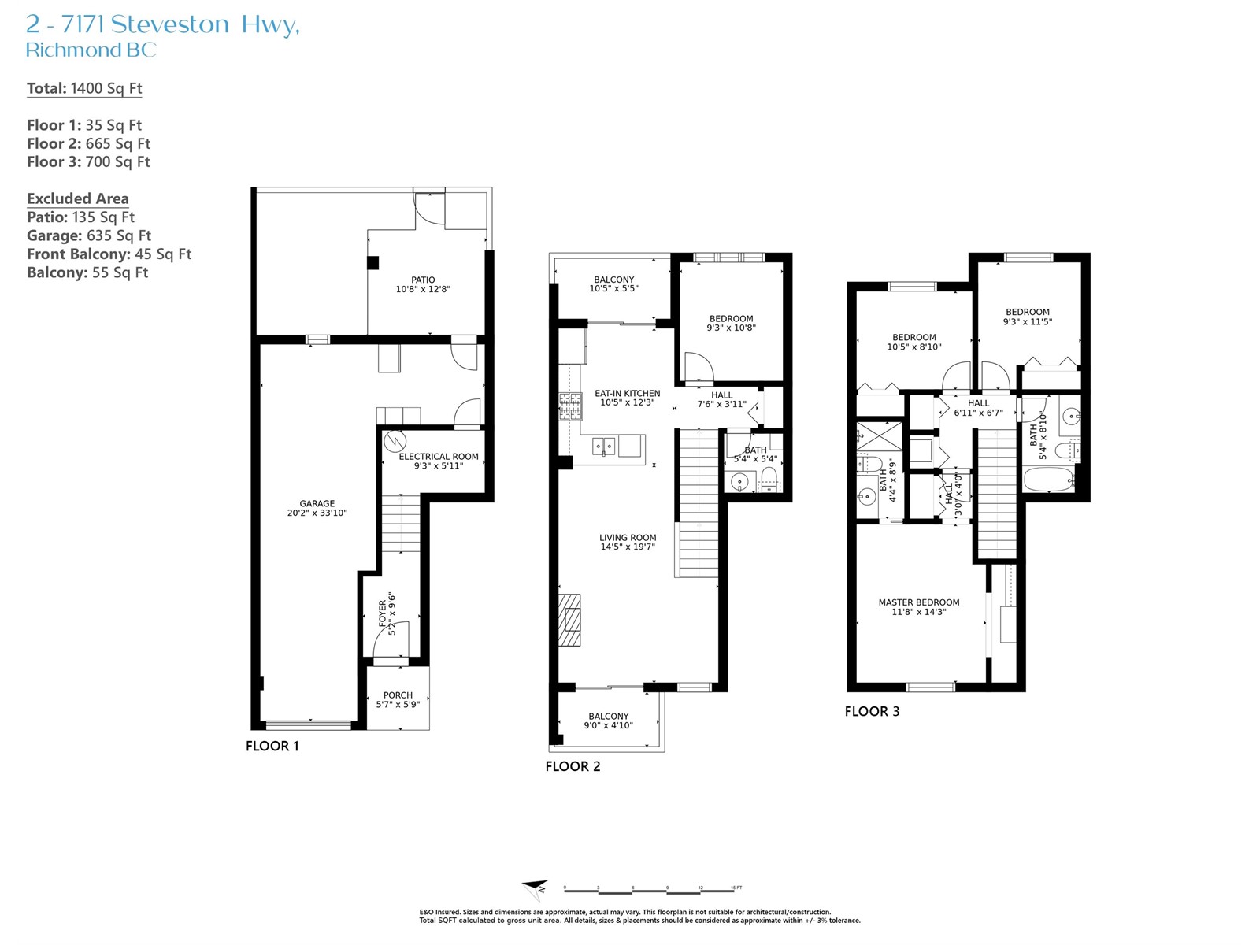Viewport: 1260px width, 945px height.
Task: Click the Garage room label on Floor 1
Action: point(317,503)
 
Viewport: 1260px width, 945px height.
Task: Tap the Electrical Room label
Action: point(439,457)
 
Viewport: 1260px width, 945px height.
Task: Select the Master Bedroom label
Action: point(918,602)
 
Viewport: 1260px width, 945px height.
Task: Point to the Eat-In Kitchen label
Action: point(628,393)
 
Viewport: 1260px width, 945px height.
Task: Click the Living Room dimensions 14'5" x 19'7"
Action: point(628,547)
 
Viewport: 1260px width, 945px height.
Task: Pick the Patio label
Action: point(423,280)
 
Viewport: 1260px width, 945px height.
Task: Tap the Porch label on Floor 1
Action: point(398,695)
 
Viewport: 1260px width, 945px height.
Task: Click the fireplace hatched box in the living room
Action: point(570,621)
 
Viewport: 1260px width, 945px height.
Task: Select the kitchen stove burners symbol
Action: point(570,407)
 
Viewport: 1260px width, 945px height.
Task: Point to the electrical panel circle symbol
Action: point(395,441)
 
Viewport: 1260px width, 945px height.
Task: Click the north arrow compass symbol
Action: point(535,890)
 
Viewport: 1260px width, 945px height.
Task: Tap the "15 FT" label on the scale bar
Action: point(736,888)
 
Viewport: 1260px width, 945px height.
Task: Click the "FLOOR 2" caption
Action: point(573,766)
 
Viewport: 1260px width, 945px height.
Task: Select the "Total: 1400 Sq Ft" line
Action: point(84,88)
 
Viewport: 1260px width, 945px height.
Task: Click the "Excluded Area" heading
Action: point(77,198)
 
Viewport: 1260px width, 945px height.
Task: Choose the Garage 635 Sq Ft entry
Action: point(89,235)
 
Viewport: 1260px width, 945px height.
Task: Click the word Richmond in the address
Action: point(73,50)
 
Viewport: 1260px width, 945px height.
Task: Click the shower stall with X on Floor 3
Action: point(879,436)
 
